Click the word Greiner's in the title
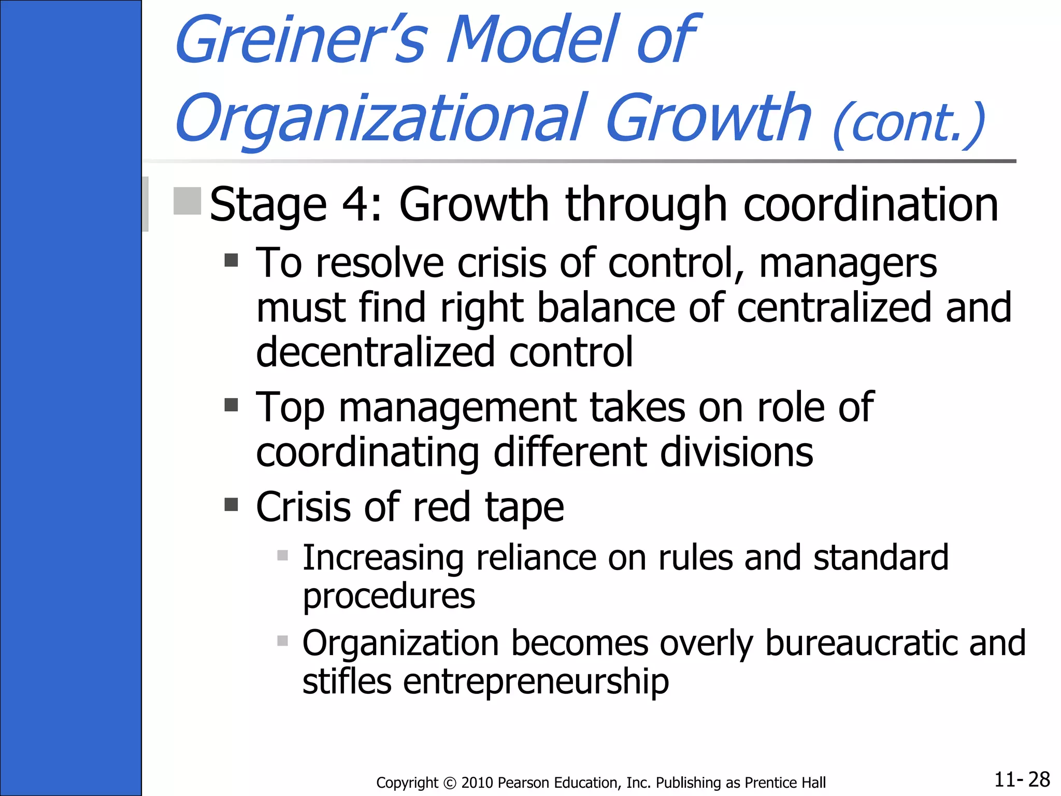point(300,40)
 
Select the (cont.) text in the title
point(909,124)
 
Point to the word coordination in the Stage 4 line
point(870,205)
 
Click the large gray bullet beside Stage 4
point(187,201)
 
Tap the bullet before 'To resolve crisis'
point(231,260)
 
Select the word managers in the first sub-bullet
point(848,263)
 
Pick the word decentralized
point(376,352)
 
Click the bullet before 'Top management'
point(231,404)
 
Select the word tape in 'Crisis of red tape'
point(524,507)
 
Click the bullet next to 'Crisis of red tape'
point(231,504)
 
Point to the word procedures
point(389,596)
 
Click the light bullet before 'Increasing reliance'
point(282,556)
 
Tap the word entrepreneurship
point(536,681)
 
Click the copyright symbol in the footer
point(450,783)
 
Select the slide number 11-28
point(1022,779)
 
